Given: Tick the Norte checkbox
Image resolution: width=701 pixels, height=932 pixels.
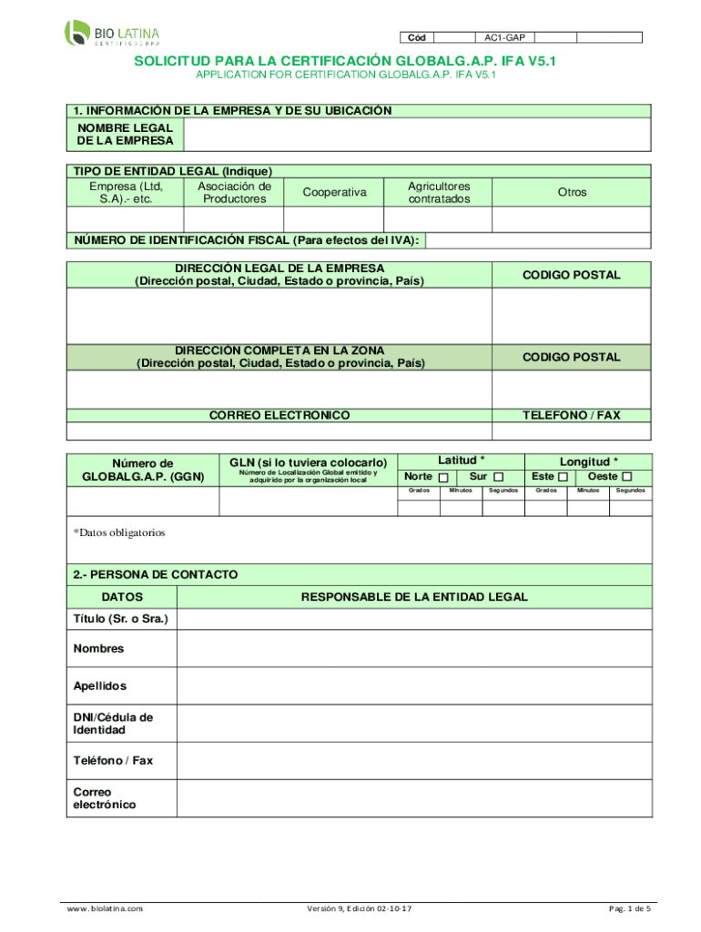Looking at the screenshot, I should (x=443, y=478).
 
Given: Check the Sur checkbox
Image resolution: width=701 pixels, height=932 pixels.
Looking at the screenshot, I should (x=498, y=478).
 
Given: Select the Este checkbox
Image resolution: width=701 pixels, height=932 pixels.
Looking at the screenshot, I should (x=564, y=478).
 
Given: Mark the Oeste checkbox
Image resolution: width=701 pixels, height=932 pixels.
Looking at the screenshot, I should (x=626, y=478).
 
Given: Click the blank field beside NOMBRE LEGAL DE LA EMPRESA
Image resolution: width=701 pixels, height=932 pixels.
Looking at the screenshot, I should (x=417, y=136).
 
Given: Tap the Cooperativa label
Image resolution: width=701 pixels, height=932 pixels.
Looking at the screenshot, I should (x=334, y=192).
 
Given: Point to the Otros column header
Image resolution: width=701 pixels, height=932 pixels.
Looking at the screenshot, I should (x=573, y=192).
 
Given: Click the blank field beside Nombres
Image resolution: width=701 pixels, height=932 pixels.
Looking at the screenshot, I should (x=414, y=649).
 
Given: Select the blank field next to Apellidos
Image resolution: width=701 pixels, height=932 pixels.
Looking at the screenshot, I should (x=414, y=685).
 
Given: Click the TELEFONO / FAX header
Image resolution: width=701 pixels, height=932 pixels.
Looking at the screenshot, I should (x=571, y=415).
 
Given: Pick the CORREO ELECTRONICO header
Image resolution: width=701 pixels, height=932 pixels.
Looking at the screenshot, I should (x=279, y=415).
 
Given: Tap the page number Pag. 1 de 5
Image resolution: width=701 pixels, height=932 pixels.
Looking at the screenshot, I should (x=629, y=909).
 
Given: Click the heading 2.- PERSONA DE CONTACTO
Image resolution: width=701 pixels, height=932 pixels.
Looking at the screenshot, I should (x=156, y=574).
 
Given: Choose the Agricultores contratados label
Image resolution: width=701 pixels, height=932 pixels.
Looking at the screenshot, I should (x=439, y=192).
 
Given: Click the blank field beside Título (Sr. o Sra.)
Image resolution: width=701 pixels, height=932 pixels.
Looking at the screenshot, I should (x=414, y=619).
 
